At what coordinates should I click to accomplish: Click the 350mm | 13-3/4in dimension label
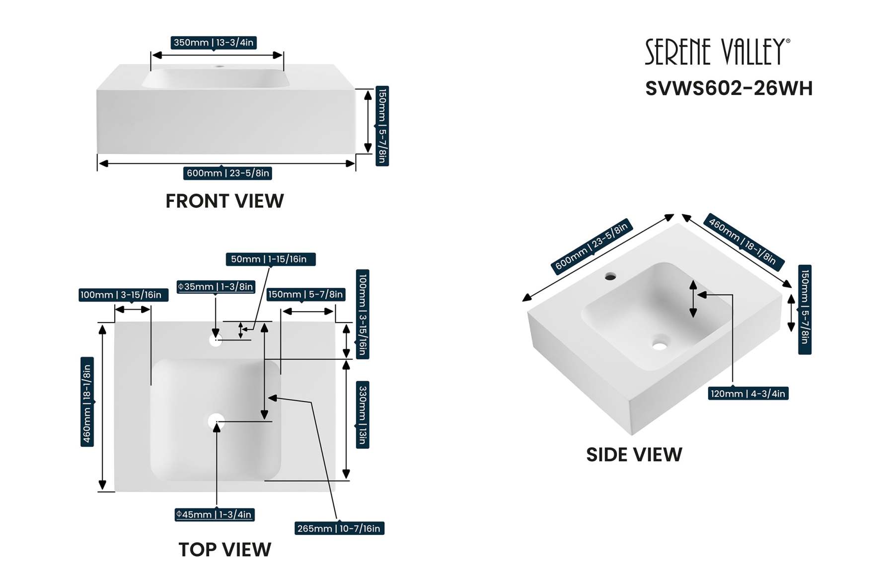click(x=214, y=43)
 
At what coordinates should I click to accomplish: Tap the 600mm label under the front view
click(x=228, y=173)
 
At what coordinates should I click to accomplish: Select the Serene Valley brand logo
click(x=717, y=52)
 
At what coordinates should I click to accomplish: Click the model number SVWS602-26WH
click(x=729, y=88)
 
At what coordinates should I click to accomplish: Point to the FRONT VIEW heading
click(x=224, y=201)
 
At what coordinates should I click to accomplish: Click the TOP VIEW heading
click(x=224, y=550)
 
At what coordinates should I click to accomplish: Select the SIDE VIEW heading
click(x=634, y=455)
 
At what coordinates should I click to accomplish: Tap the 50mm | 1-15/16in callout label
click(x=270, y=259)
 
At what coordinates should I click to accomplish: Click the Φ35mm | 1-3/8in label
click(x=216, y=287)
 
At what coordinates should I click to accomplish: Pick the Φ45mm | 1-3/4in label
click(x=215, y=514)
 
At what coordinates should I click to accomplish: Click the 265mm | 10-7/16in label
click(x=339, y=528)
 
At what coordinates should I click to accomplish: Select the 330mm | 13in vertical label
click(x=363, y=415)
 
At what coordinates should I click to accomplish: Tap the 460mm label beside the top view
click(x=87, y=402)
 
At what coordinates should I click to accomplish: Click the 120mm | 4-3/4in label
click(x=748, y=394)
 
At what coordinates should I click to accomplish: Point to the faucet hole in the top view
click(x=216, y=340)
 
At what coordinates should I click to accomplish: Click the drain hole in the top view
click(x=216, y=421)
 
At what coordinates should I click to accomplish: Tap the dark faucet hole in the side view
click(x=610, y=276)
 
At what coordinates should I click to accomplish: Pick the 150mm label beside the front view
click(x=382, y=126)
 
